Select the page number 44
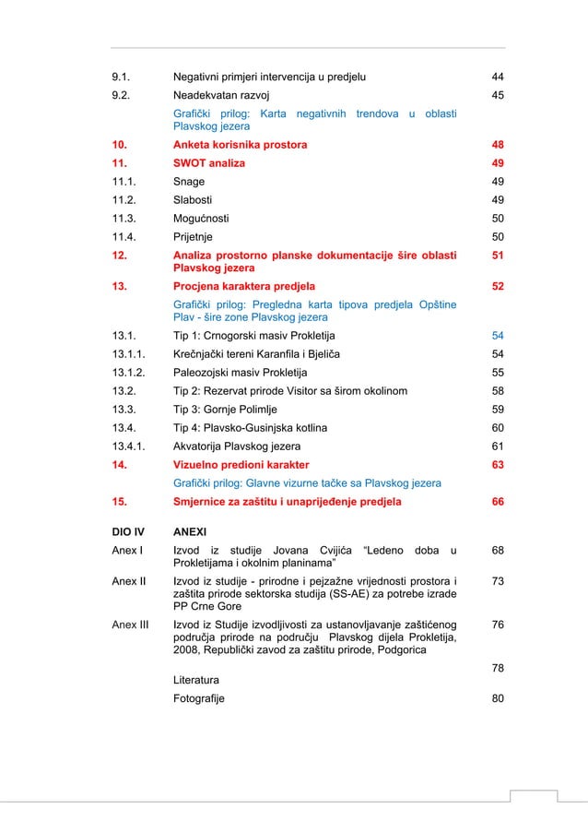(x=498, y=77)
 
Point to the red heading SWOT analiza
(x=209, y=164)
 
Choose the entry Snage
(x=190, y=182)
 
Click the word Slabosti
(x=194, y=200)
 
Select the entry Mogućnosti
(x=202, y=219)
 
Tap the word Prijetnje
(x=195, y=237)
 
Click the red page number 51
(x=498, y=255)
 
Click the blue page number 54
(x=498, y=336)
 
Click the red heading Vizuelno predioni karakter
(x=241, y=465)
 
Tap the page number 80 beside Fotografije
(x=498, y=698)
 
